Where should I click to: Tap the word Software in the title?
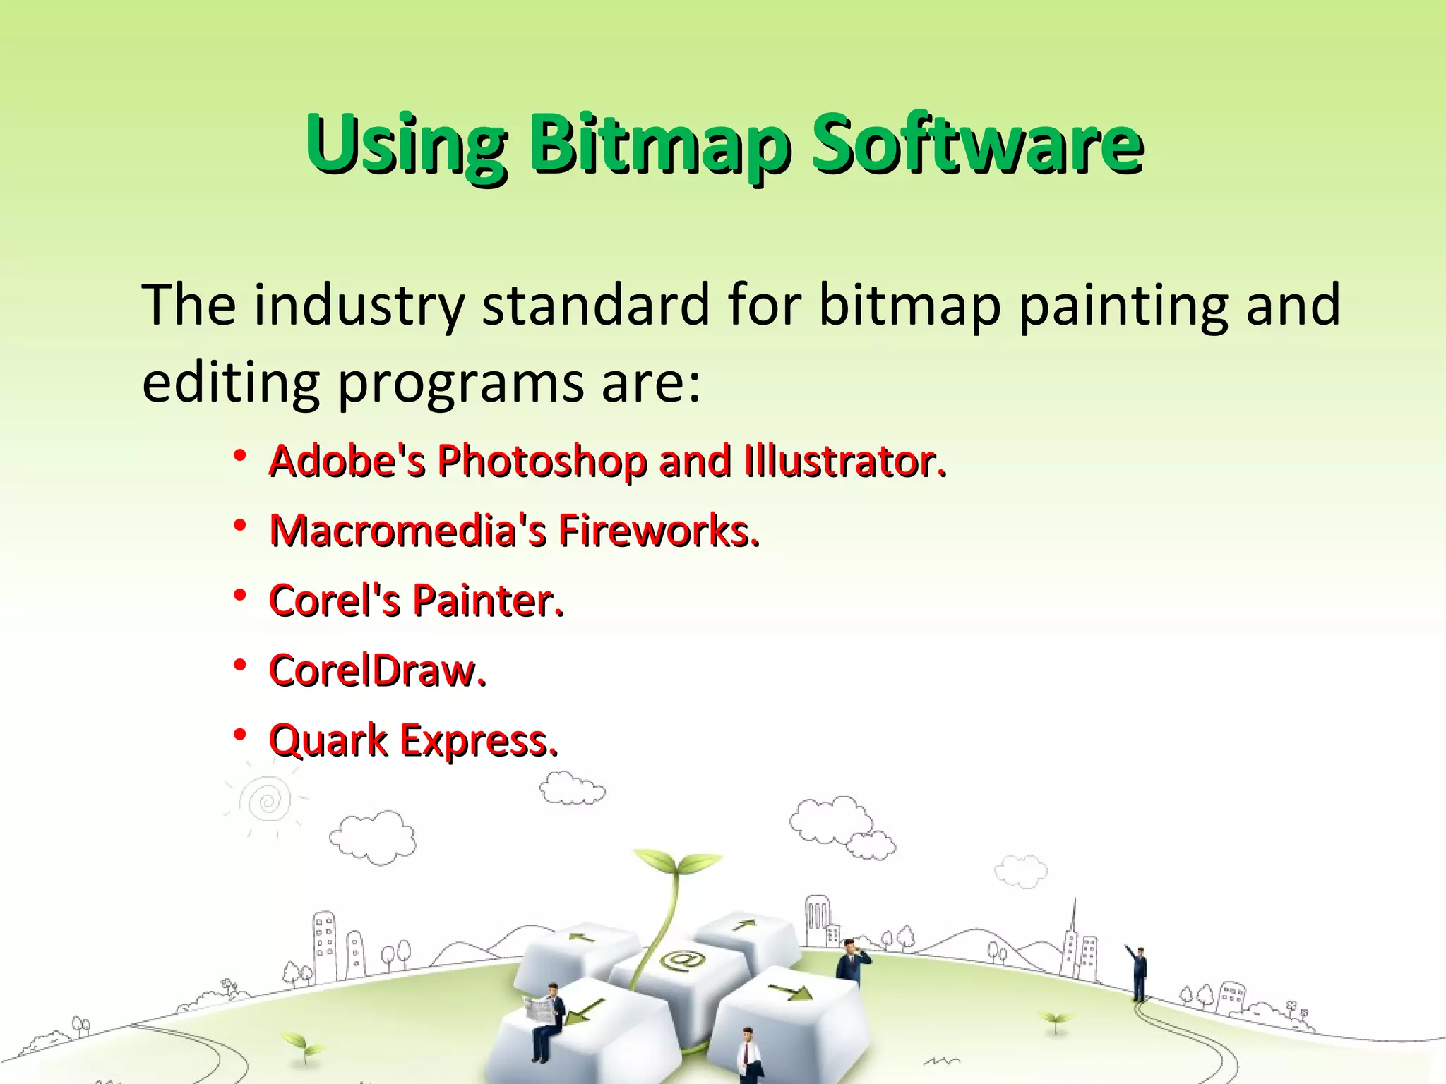(978, 145)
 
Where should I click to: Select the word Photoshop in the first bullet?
(542, 462)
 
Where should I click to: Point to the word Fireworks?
(659, 531)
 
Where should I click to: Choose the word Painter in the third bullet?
(487, 601)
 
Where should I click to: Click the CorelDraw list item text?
(378, 670)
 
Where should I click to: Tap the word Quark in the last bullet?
(328, 741)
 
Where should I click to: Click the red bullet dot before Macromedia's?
(240, 526)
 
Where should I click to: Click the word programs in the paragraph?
(460, 383)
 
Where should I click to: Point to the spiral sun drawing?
(267, 802)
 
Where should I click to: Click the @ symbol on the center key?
(681, 960)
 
